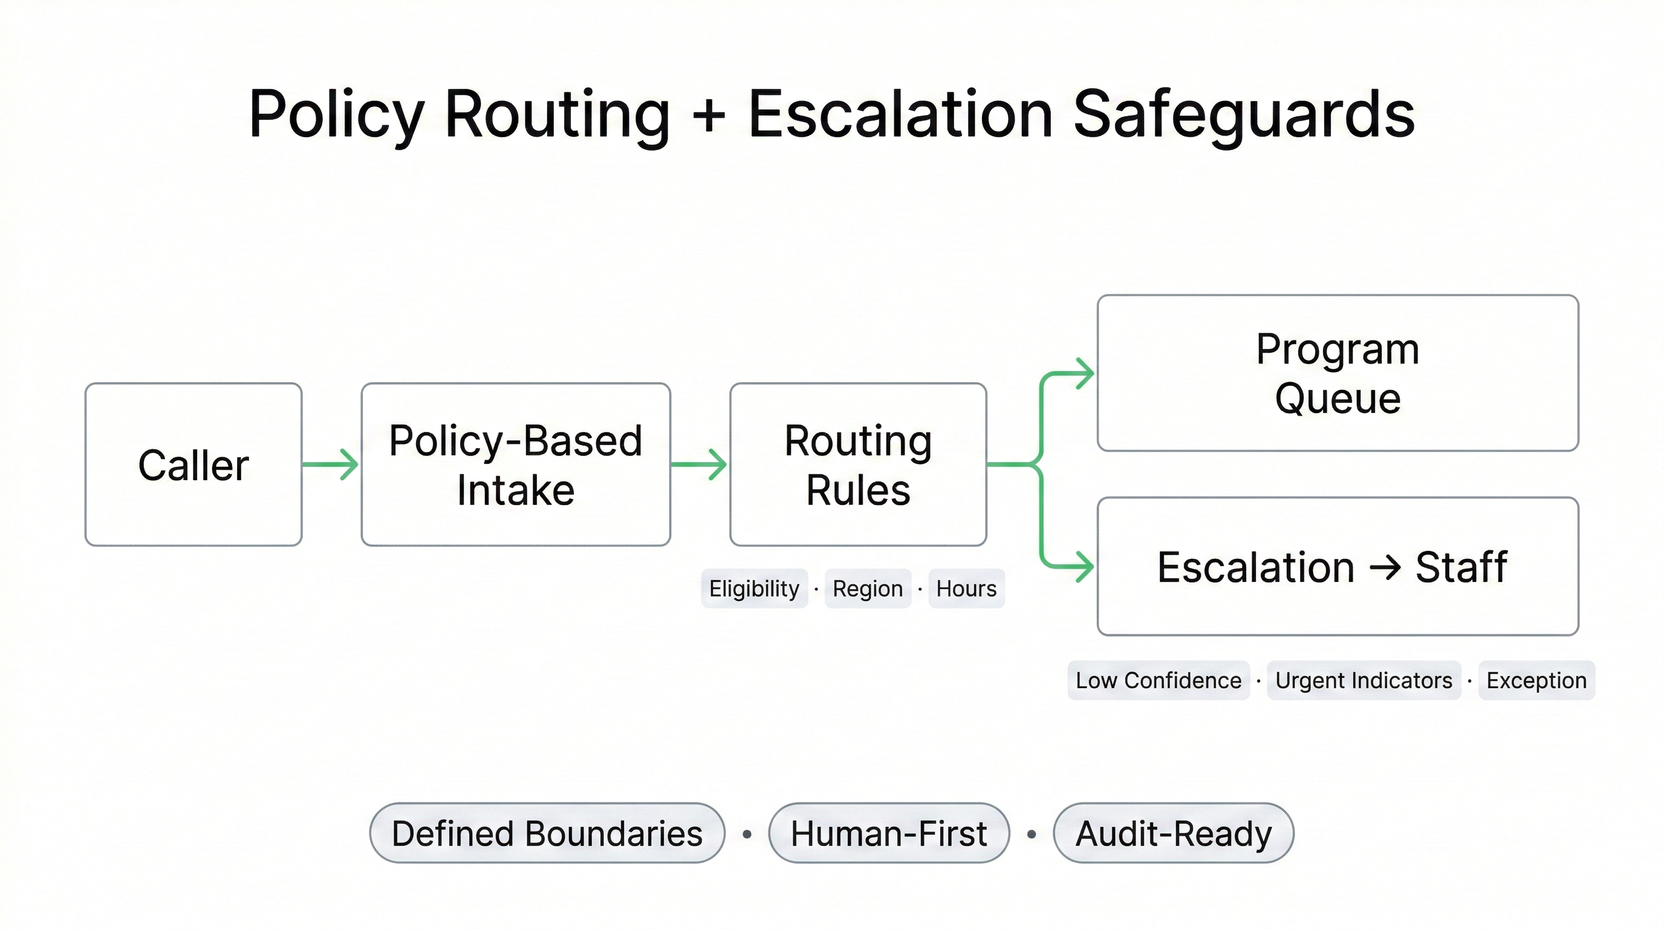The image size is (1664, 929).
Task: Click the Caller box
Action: pyautogui.click(x=193, y=464)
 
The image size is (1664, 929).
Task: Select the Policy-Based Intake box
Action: pyautogui.click(x=516, y=464)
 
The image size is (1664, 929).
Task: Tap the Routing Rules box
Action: pyautogui.click(x=858, y=464)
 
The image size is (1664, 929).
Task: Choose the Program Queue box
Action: pyautogui.click(x=1337, y=373)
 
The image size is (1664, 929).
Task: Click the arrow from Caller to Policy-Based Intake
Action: pyautogui.click(x=330, y=464)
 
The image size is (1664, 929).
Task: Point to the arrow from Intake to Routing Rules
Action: pyautogui.click(x=699, y=464)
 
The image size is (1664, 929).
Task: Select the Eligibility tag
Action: pyautogui.click(x=754, y=588)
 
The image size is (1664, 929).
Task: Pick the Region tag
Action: pyautogui.click(x=868, y=588)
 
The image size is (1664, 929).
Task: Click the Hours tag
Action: pyautogui.click(x=966, y=588)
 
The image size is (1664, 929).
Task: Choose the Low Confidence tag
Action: pyautogui.click(x=1159, y=680)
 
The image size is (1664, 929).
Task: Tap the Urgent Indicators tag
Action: pyautogui.click(x=1363, y=680)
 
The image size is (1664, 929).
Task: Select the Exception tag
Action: pyautogui.click(x=1536, y=680)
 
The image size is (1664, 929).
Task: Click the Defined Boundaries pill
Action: pyautogui.click(x=547, y=833)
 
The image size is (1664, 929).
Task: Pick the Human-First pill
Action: pyautogui.click(x=888, y=833)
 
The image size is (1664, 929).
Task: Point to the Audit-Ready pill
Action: pyautogui.click(x=1173, y=833)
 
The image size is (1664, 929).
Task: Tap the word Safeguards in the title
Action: pyautogui.click(x=1244, y=115)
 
